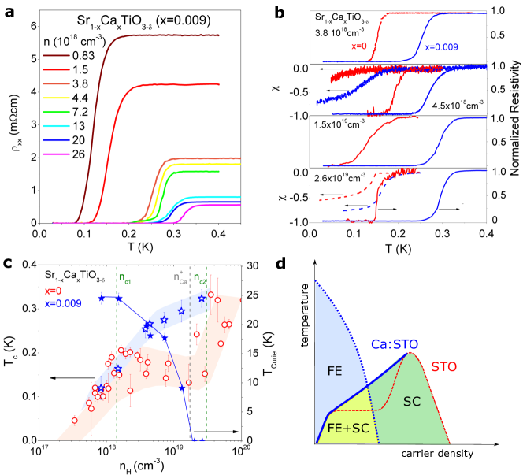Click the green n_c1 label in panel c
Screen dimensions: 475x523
tap(126, 277)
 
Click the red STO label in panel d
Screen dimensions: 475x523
tap(443, 370)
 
